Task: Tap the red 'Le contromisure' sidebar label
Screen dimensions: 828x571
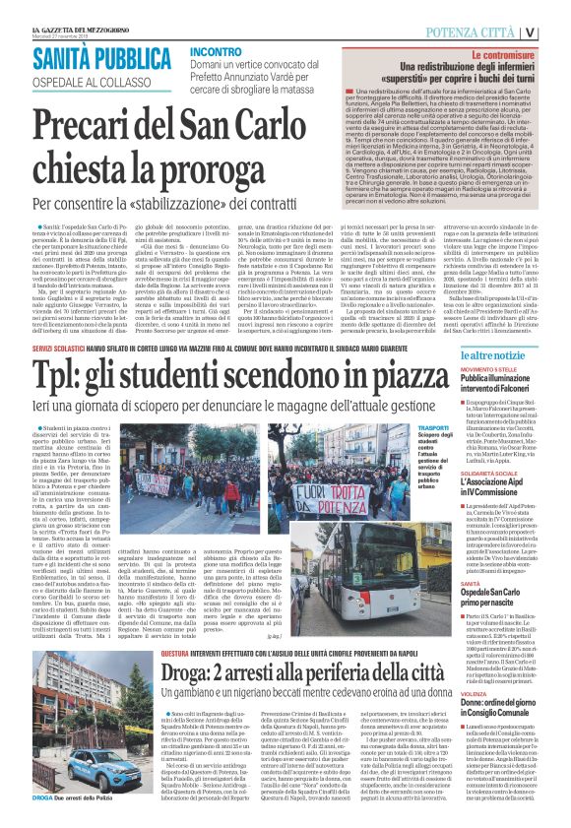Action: (502, 56)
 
